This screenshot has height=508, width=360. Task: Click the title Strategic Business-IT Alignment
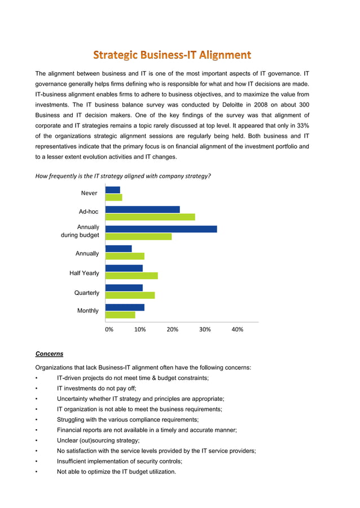click(172, 55)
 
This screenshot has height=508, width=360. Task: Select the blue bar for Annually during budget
click(161, 229)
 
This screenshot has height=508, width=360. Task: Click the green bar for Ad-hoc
click(150, 217)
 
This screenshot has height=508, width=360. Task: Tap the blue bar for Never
click(113, 190)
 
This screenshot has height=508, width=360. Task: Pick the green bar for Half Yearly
click(131, 276)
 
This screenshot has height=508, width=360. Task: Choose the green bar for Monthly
click(120, 315)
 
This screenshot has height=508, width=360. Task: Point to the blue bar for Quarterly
click(124, 288)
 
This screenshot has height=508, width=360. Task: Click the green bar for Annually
click(125, 256)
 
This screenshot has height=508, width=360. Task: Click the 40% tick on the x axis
click(238, 329)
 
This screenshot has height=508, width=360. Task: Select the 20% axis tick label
click(173, 329)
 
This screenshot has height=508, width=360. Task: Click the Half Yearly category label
click(84, 273)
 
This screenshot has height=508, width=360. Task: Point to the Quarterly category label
click(87, 293)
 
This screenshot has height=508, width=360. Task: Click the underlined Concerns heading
click(49, 354)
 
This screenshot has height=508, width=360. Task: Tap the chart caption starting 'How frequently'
click(123, 176)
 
